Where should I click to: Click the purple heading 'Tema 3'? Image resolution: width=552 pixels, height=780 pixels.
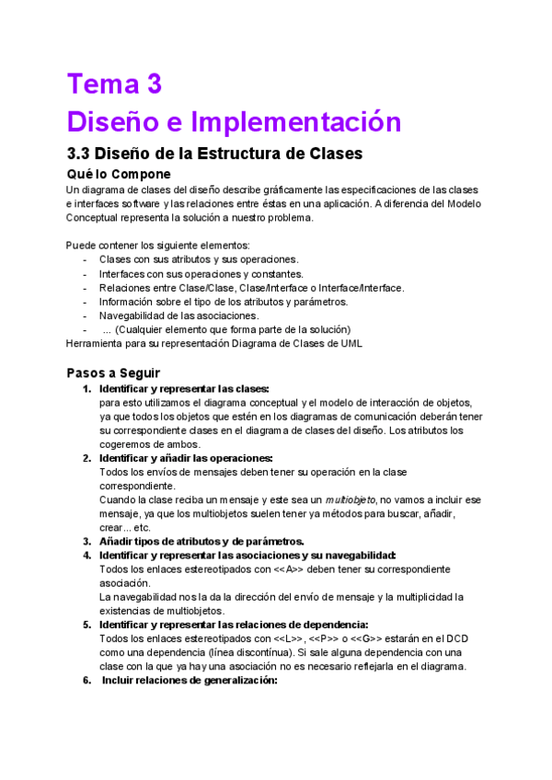(x=114, y=85)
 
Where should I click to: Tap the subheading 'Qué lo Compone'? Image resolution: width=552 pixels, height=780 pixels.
(x=119, y=174)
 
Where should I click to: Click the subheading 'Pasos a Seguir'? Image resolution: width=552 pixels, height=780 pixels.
(x=113, y=373)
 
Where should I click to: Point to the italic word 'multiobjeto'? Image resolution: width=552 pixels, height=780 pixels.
(x=351, y=499)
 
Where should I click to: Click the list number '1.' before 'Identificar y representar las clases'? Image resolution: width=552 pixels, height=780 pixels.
(x=86, y=388)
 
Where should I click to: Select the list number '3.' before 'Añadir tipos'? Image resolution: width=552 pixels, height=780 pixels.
(x=86, y=541)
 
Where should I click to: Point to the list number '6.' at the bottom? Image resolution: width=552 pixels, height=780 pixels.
(x=86, y=681)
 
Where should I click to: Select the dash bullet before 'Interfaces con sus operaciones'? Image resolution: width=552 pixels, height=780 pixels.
(x=85, y=274)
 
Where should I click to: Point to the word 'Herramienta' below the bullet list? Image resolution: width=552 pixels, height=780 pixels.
(x=96, y=344)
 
